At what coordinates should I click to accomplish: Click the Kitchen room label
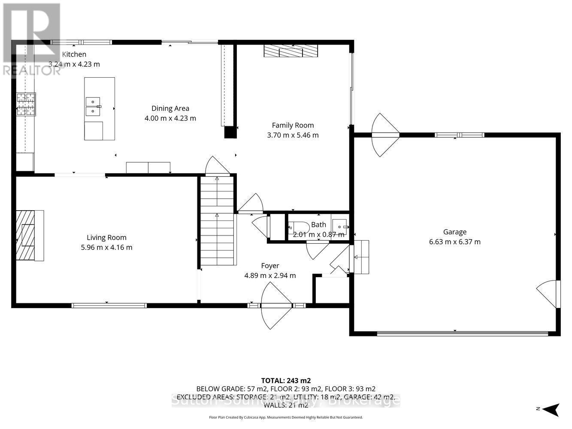(74, 54)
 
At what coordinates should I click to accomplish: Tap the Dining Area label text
(170, 109)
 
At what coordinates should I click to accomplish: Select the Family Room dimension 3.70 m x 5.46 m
(293, 135)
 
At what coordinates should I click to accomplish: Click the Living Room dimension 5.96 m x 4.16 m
(106, 248)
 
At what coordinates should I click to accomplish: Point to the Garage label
(454, 232)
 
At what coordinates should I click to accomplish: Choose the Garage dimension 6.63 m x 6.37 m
(454, 242)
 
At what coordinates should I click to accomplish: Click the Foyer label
(270, 266)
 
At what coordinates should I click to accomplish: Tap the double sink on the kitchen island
(93, 106)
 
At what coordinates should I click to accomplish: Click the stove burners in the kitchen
(25, 105)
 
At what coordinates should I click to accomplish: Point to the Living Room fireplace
(30, 236)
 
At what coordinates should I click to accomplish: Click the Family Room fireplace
(291, 51)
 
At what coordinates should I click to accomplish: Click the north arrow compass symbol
(551, 409)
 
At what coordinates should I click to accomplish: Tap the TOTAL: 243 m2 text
(286, 381)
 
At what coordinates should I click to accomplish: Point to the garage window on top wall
(459, 135)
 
